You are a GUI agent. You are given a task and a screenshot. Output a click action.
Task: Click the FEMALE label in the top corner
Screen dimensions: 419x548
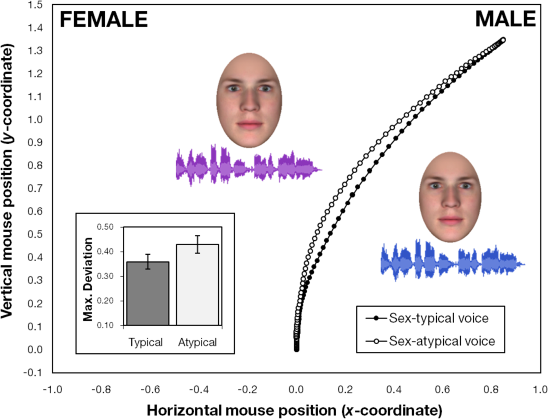click(x=104, y=19)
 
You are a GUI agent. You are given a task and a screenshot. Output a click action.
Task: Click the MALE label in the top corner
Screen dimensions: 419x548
click(x=505, y=19)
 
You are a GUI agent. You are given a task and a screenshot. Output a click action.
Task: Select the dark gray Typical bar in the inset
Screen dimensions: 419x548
click(x=148, y=293)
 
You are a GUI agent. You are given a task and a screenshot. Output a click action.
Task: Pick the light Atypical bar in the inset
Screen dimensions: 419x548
click(x=197, y=285)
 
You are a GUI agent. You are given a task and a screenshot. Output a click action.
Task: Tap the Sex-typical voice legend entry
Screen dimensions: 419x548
click(x=438, y=318)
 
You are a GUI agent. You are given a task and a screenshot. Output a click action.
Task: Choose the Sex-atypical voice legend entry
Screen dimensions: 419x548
click(x=442, y=341)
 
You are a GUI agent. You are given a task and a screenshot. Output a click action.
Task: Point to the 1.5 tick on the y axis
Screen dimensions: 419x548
click(x=35, y=5)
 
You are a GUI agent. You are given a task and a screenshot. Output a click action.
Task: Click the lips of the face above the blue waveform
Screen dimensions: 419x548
click(x=451, y=221)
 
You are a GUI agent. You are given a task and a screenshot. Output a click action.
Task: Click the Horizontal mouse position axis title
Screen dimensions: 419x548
click(x=294, y=411)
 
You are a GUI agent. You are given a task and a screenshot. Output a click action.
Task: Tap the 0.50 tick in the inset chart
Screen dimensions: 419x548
click(x=105, y=227)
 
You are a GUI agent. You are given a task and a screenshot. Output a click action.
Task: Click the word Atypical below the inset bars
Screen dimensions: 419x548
click(x=197, y=342)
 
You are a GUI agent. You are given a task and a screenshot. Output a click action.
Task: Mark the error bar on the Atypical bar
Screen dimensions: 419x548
click(x=197, y=244)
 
